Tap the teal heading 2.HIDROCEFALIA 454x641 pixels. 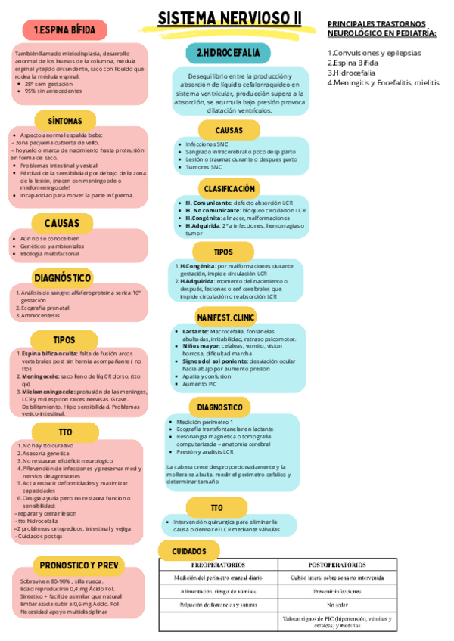[228, 53]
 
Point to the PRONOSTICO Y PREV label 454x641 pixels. [79, 565]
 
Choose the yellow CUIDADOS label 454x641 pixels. [190, 551]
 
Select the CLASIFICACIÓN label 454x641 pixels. [229, 188]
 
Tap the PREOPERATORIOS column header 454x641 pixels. [217, 565]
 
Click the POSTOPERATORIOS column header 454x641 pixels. [345, 565]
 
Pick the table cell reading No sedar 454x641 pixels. [345, 605]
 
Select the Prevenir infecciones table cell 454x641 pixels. [345, 591]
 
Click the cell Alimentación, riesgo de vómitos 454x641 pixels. [217, 591]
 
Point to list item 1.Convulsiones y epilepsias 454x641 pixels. [374, 53]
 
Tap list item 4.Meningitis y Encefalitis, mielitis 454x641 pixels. [383, 82]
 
